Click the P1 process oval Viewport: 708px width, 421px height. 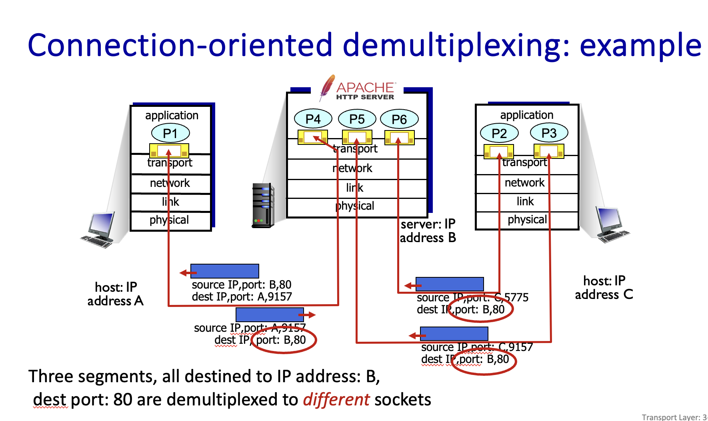click(x=170, y=133)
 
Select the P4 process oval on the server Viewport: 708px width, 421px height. click(x=313, y=119)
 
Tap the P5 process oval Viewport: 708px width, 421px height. click(x=357, y=119)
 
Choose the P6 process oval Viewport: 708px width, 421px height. click(x=399, y=119)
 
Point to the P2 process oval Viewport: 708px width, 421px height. click(x=499, y=133)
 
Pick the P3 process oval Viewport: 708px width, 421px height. click(x=549, y=133)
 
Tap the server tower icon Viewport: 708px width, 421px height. click(x=263, y=205)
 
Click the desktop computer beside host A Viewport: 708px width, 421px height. click(x=98, y=230)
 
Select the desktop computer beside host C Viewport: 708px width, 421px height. click(x=611, y=224)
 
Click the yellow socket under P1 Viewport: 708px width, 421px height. click(x=169, y=151)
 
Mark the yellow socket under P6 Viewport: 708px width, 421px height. click(x=399, y=138)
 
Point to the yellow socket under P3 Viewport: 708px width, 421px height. click(x=549, y=151)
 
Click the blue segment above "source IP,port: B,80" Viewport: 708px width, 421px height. click(x=225, y=271)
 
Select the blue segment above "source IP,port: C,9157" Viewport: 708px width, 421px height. click(x=454, y=334)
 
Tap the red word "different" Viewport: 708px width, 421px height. click(x=336, y=399)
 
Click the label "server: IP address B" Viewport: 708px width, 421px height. click(x=428, y=231)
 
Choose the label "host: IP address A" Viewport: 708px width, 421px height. click(x=116, y=294)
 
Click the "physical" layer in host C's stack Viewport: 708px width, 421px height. click(x=527, y=220)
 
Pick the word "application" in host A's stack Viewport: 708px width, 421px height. click(x=172, y=115)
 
